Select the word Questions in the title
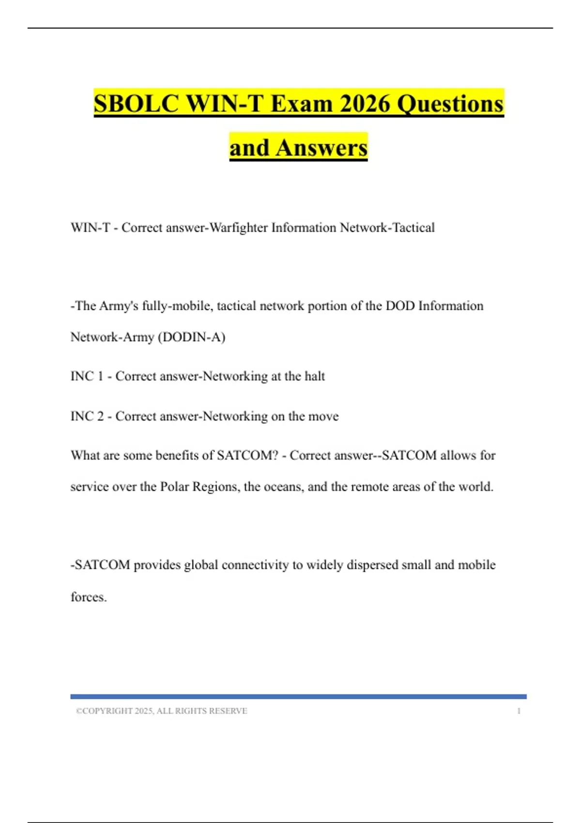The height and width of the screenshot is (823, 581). point(450,104)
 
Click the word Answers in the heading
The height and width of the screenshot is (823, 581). point(321,148)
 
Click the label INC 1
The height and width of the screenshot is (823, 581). point(87,376)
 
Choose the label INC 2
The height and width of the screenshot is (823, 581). point(87,416)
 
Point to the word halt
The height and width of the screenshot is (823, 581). point(314,376)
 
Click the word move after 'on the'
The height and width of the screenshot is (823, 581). point(323,416)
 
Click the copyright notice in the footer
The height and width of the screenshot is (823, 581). point(161,711)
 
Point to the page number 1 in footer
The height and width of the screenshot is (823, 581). point(519,711)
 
